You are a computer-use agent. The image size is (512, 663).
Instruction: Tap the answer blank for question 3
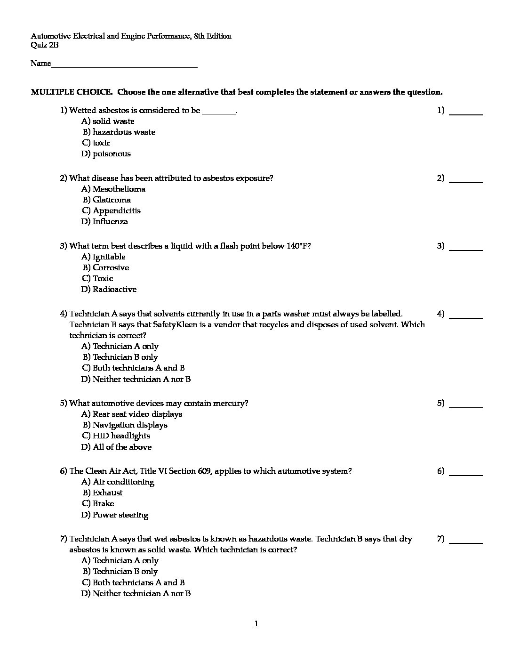466,250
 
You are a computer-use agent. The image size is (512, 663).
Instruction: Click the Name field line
124,67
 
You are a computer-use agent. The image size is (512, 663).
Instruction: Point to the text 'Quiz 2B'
45,45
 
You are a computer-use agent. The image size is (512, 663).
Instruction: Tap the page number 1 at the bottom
256,624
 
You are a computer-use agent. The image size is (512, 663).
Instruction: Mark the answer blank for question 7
466,542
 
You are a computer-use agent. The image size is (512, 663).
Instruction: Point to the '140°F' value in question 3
298,246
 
